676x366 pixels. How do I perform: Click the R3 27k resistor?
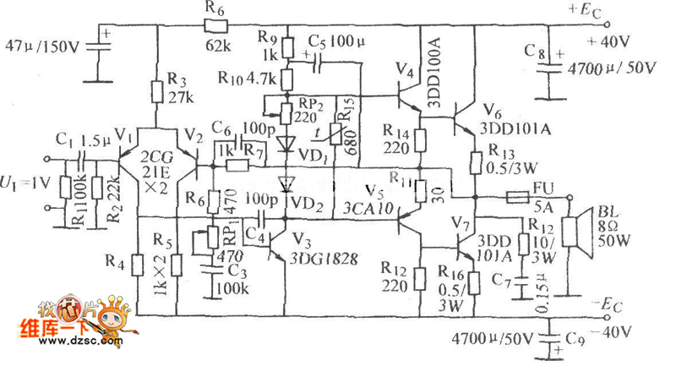pyautogui.click(x=157, y=90)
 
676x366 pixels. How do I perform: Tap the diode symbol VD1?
pyautogui.click(x=288, y=142)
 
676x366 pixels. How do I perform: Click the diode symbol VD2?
pyautogui.click(x=288, y=183)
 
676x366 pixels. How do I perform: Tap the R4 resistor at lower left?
pyautogui.click(x=134, y=265)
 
